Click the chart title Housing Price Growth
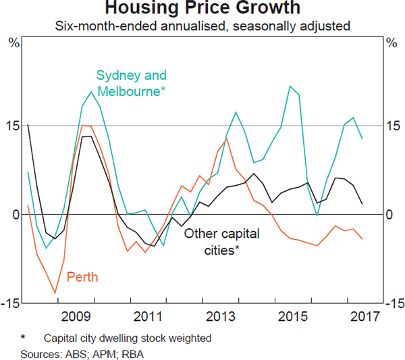coord(202,9)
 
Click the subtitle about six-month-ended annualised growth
coord(202,27)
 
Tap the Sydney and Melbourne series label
coord(131,83)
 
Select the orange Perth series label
coord(82,276)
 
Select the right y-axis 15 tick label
coord(392,126)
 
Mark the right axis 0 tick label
coord(389,215)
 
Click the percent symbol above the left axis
coord(13,43)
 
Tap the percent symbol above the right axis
coord(391,43)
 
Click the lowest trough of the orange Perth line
coord(55,293)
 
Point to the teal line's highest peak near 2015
coord(290,86)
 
